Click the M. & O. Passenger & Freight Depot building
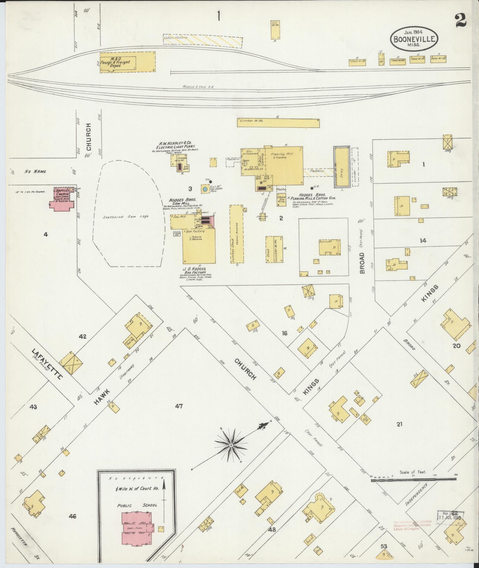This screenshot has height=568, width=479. pyautogui.click(x=127, y=63)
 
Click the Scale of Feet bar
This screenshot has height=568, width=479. pyautogui.click(x=413, y=479)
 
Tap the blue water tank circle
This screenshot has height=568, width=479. pyautogui.click(x=205, y=189)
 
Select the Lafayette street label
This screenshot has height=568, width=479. pyautogui.click(x=48, y=364)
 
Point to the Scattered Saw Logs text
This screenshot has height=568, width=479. pyautogui.click(x=126, y=217)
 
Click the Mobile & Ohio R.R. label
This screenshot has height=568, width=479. pyautogui.click(x=198, y=87)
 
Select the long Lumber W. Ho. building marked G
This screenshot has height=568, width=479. pyautogui.click(x=278, y=123)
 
